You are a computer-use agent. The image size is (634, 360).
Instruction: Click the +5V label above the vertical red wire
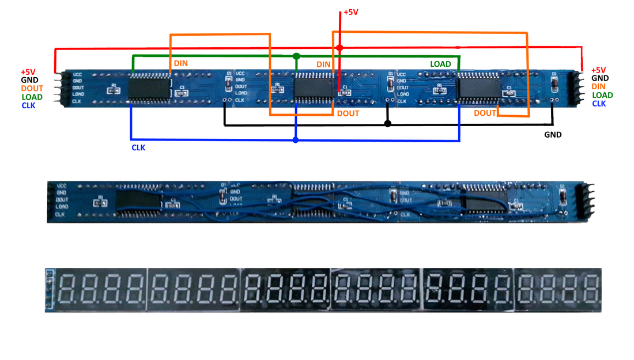tap(351, 12)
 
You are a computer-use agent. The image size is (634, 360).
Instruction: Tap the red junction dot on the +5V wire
tap(339, 48)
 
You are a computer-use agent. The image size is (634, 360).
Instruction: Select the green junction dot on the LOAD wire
tap(296, 56)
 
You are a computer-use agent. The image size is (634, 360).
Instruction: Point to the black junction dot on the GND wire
tap(387, 124)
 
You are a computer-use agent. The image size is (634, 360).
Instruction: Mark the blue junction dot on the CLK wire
tap(296, 140)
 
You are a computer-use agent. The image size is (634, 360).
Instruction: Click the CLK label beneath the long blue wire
tap(138, 148)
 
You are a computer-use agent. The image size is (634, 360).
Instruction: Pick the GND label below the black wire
tap(553, 135)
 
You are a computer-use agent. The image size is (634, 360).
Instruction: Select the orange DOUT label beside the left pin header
tap(32, 89)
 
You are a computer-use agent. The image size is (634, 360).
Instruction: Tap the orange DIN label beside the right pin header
tap(598, 86)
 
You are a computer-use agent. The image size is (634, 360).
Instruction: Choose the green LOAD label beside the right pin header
tap(602, 95)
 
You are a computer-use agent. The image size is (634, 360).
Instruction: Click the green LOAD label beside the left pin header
tap(32, 97)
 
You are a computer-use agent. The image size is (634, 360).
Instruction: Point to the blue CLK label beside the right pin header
tap(599, 104)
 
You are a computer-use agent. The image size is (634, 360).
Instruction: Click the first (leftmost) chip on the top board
tap(149, 89)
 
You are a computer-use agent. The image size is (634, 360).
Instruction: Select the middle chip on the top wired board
tap(315, 88)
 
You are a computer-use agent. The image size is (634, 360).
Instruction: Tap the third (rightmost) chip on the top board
tap(478, 89)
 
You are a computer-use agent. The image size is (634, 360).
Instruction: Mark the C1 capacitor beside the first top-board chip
tap(183, 91)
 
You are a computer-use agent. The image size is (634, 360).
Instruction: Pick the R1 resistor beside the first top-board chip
tap(114, 90)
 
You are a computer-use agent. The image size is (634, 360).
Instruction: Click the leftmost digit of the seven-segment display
tap(67, 289)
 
